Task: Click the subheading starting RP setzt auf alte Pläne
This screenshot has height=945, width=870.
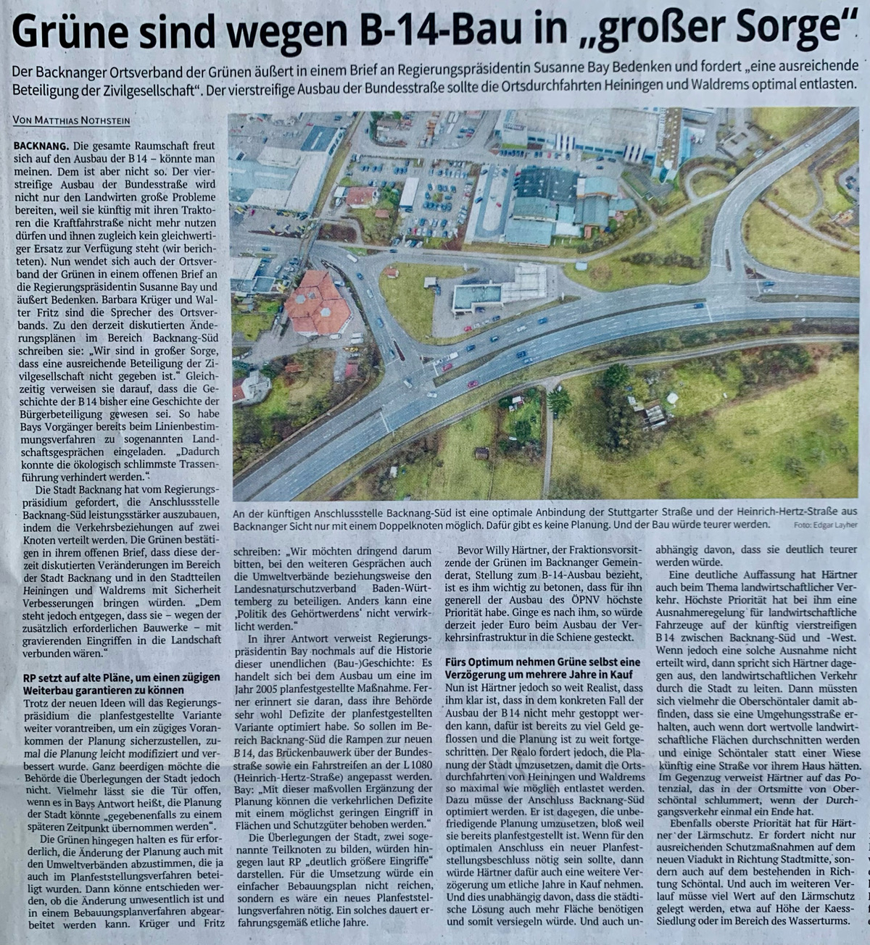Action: (x=116, y=683)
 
